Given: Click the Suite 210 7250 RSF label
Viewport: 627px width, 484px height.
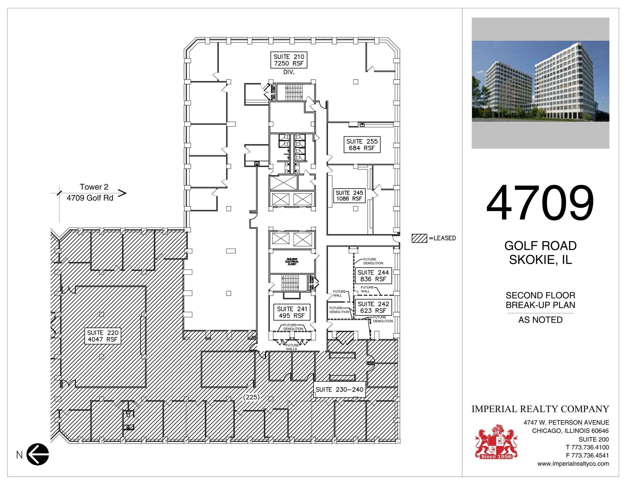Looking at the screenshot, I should [x=288, y=60].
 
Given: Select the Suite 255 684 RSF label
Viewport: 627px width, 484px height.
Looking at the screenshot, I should [x=362, y=145].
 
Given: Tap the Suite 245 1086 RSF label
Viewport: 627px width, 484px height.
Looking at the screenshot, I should [x=349, y=196].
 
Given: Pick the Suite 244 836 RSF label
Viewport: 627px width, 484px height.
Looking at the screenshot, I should [x=373, y=276].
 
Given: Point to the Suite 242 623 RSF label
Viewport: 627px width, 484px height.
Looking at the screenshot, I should [x=373, y=307].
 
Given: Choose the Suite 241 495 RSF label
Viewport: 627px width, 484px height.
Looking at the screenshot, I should [x=292, y=312].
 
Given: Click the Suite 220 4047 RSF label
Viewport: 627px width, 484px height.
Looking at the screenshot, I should [x=103, y=336].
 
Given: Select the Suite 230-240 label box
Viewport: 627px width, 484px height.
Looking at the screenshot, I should [x=339, y=390].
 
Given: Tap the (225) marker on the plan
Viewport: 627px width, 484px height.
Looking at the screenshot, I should [x=251, y=397].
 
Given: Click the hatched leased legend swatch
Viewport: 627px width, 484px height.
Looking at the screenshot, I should [x=419, y=238].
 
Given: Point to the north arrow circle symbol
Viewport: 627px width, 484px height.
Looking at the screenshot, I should [x=38, y=454].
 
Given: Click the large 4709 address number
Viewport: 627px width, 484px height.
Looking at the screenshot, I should [x=540, y=203].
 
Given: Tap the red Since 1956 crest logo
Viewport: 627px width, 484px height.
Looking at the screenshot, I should [x=496, y=442].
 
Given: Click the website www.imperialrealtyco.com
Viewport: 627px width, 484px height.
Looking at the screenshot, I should [x=573, y=464].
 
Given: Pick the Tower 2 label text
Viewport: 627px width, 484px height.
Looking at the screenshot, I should [x=94, y=187].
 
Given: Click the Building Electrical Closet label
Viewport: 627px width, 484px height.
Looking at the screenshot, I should [x=292, y=262].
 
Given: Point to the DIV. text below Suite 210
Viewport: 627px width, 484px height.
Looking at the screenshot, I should [x=288, y=72].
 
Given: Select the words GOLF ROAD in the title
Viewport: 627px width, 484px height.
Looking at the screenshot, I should [x=540, y=246].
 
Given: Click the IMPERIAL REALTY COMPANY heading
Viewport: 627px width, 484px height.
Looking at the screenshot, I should [x=540, y=409].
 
